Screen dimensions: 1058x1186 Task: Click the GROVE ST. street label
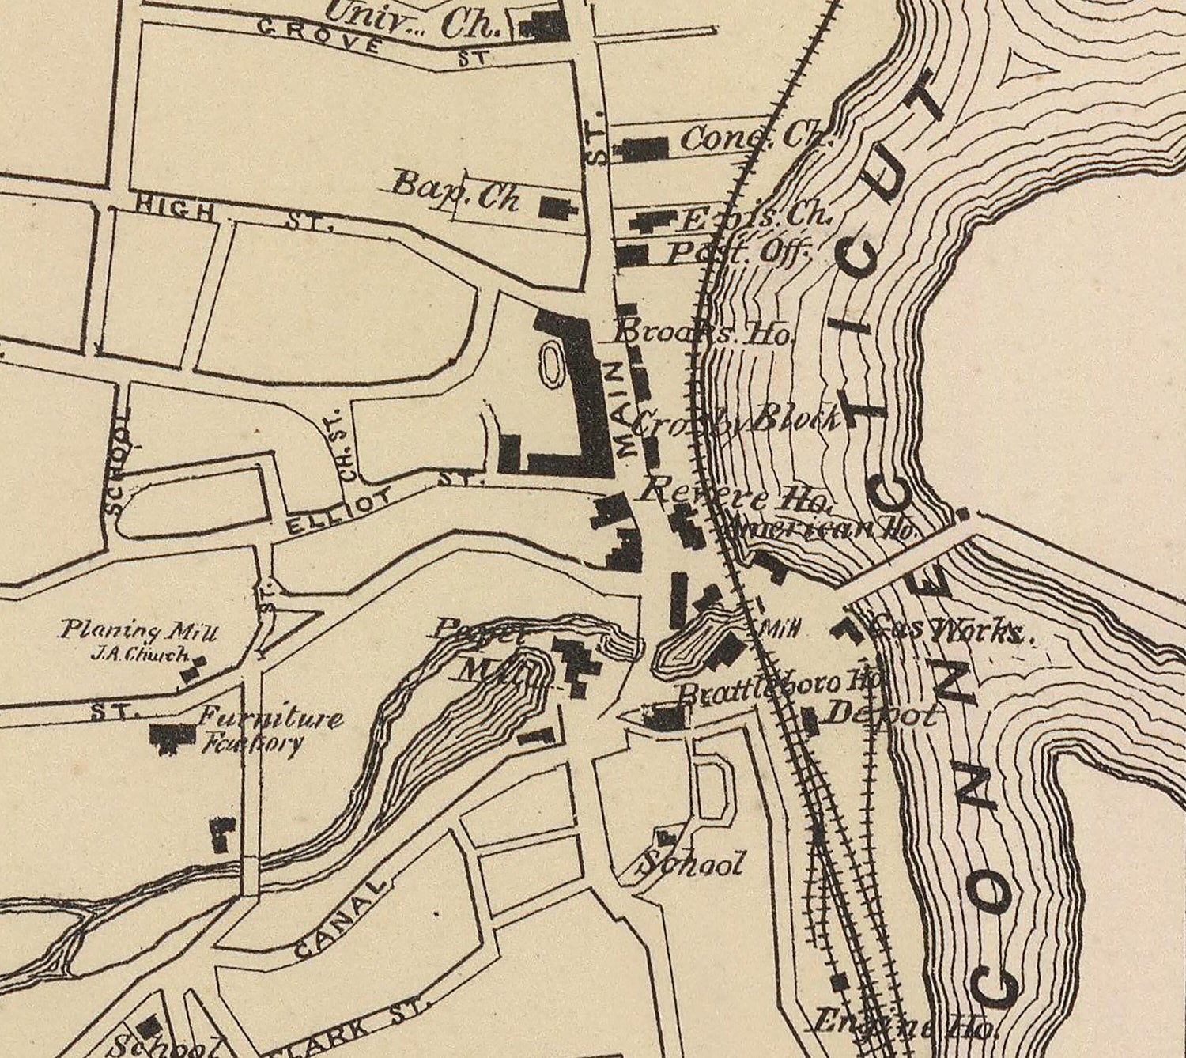[372, 43]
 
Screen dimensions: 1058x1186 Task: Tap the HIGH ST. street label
[233, 215]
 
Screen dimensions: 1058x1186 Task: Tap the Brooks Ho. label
[704, 334]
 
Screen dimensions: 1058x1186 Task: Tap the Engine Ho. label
[901, 1023]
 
